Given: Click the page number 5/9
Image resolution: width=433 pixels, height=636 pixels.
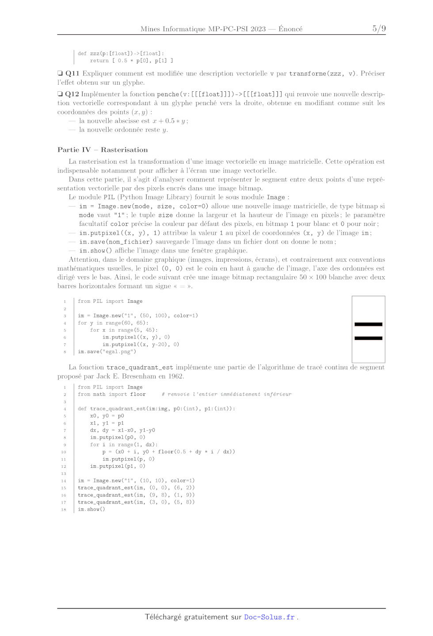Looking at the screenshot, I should coord(379,29).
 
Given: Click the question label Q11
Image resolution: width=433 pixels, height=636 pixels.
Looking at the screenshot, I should coord(72,74).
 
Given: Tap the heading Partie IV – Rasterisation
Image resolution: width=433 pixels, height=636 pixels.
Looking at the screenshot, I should coord(103,150).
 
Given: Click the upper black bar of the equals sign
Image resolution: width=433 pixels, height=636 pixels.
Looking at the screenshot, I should coord(368,324).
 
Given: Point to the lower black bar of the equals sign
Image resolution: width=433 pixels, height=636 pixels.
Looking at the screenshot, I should coord(368,338).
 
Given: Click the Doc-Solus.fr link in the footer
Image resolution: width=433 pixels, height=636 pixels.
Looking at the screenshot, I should coord(269,617).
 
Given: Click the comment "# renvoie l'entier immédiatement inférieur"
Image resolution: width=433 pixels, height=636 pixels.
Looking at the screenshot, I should coord(226,395).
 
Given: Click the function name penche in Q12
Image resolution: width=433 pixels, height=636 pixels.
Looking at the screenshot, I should coord(168,94).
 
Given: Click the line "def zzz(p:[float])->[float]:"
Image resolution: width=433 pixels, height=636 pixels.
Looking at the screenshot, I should coord(121,53).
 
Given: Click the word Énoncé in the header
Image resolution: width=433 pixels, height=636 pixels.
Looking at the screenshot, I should coord(290,29).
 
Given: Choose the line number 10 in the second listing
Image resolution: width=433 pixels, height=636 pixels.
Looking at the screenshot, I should coord(64,452).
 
